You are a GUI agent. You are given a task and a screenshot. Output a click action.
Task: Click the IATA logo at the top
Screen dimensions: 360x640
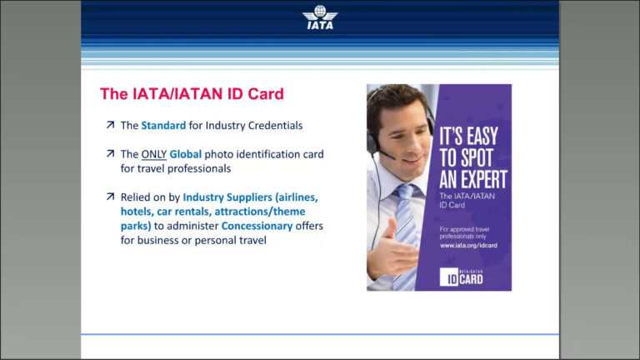tap(320, 17)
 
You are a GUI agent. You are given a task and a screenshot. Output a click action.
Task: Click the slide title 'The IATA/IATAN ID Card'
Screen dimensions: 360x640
tap(192, 94)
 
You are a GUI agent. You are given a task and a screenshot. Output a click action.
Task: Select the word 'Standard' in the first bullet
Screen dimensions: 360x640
tap(163, 126)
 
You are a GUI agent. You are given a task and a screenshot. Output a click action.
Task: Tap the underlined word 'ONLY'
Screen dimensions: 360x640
tap(154, 154)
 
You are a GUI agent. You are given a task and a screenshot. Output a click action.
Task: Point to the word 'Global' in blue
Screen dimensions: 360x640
tap(186, 154)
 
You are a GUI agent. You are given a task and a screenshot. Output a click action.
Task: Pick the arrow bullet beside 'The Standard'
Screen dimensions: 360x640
tap(110, 125)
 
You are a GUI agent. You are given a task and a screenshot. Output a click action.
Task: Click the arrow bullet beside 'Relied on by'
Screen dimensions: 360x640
tap(110, 197)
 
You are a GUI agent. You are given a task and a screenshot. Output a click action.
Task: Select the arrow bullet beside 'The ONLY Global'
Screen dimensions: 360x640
tap(110, 153)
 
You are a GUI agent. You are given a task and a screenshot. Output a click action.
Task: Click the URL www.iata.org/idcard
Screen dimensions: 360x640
tap(468, 245)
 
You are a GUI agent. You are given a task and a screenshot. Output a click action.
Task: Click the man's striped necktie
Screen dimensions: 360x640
tap(406, 225)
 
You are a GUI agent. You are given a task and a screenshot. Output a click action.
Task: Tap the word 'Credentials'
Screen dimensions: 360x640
tap(272, 126)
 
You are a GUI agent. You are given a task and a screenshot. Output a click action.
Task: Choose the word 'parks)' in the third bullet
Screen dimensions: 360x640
tap(136, 226)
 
